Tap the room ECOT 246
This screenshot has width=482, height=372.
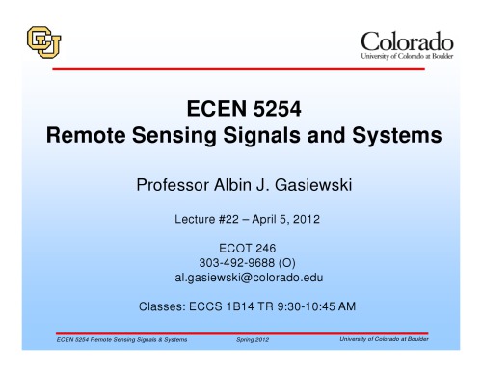click(x=241, y=249)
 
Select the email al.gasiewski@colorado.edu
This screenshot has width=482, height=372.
click(x=241, y=278)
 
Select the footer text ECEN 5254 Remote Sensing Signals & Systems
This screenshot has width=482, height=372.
click(x=121, y=341)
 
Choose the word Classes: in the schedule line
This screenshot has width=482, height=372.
click(x=165, y=307)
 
